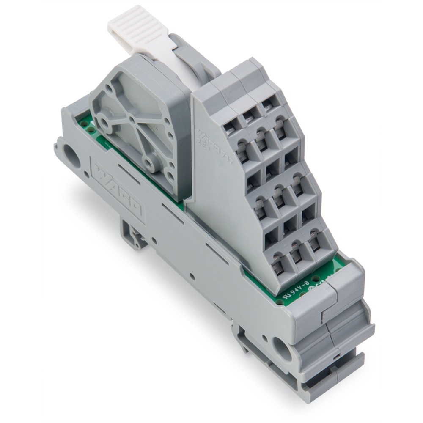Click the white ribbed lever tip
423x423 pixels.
coord(129,21)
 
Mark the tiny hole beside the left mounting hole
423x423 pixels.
coord(86,174)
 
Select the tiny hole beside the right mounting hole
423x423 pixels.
coord(265,338)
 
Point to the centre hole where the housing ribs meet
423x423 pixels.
coord(132,120)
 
